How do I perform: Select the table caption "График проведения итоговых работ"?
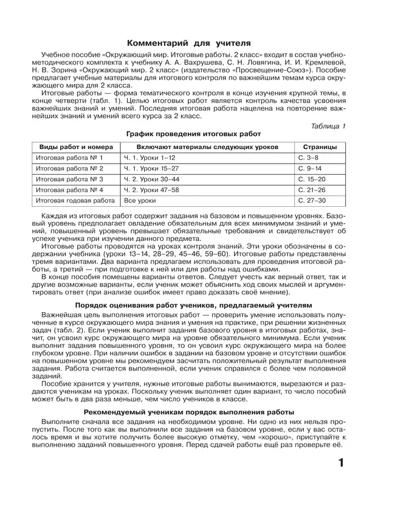[193, 133]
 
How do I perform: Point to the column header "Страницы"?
[320, 147]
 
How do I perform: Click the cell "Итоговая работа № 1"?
[70, 158]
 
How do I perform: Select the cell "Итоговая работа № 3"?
[70, 179]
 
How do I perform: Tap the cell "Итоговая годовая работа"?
[75, 200]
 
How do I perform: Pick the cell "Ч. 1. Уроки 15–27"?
[151, 168]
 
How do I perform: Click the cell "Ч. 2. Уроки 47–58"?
[151, 189]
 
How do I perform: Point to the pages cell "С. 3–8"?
[309, 158]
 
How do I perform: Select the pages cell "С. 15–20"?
[312, 179]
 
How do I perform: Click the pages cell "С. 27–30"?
[312, 200]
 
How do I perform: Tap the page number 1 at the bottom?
[341, 464]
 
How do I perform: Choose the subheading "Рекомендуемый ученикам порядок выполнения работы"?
[193, 412]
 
